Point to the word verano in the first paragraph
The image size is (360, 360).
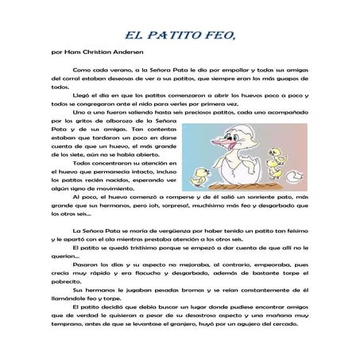coord(118,71)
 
